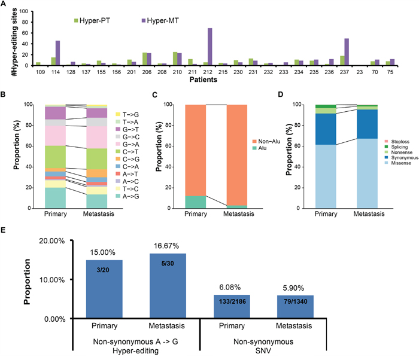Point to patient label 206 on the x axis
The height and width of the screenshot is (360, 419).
click(145, 71)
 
